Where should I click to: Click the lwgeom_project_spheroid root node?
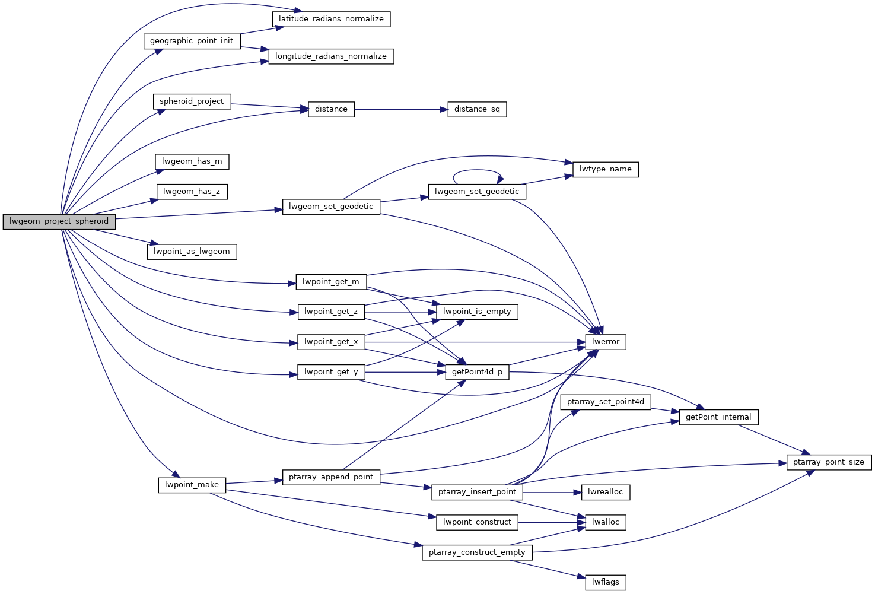pos(59,221)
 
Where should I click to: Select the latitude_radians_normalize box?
pos(331,19)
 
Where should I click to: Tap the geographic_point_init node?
pos(192,41)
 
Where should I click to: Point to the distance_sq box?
pos(477,109)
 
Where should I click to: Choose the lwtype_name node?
pos(605,169)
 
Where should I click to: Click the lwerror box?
pos(605,342)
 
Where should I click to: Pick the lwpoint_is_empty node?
pos(477,312)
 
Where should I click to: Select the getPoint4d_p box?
pos(477,372)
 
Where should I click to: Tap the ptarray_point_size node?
pos(828,462)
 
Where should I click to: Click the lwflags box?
pos(605,582)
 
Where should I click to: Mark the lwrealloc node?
pos(605,492)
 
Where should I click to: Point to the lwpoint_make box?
pos(192,485)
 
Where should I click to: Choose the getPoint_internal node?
pos(718,417)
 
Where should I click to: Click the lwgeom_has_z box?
pos(192,192)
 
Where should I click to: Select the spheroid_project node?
pos(192,101)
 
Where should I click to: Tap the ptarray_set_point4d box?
pos(605,402)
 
